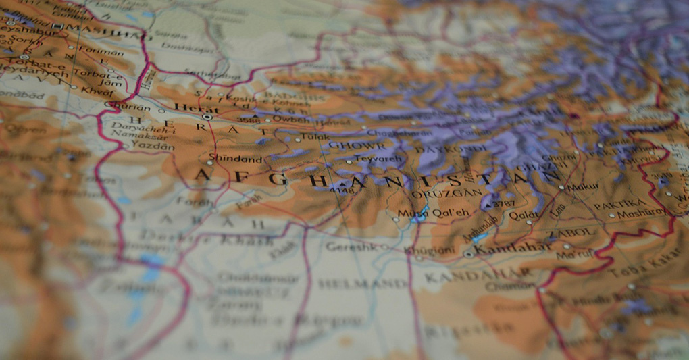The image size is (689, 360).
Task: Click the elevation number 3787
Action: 503,203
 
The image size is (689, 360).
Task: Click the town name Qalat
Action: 524,216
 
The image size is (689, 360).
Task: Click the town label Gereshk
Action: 349,247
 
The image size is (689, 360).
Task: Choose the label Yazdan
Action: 152,145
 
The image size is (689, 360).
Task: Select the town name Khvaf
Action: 95,89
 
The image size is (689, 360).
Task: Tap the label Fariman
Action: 101,52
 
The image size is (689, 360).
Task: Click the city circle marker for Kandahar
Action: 469,254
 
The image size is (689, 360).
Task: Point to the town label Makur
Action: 583,187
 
